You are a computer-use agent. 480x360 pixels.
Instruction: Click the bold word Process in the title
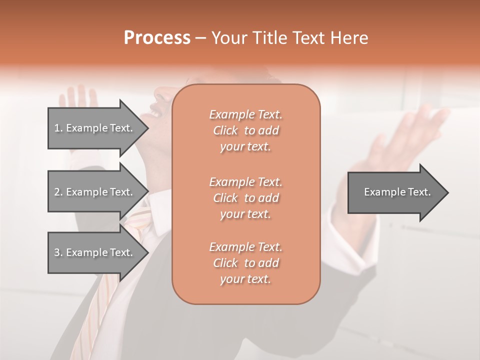click(x=157, y=38)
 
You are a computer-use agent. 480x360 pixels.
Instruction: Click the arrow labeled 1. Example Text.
click(x=95, y=128)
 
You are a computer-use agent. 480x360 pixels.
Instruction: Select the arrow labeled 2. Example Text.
click(x=95, y=192)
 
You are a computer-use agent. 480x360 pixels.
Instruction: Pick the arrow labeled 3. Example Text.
click(x=95, y=252)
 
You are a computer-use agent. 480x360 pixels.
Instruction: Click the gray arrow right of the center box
click(x=395, y=192)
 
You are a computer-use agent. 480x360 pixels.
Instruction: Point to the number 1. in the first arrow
click(x=58, y=128)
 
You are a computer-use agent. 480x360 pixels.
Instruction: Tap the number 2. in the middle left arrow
click(x=58, y=192)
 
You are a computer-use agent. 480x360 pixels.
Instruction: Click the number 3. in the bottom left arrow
click(x=58, y=252)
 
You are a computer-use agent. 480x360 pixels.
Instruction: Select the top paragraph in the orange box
click(x=245, y=130)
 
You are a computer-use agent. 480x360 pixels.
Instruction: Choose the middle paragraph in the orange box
click(x=245, y=197)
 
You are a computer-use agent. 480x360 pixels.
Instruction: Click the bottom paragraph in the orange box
click(x=245, y=263)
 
